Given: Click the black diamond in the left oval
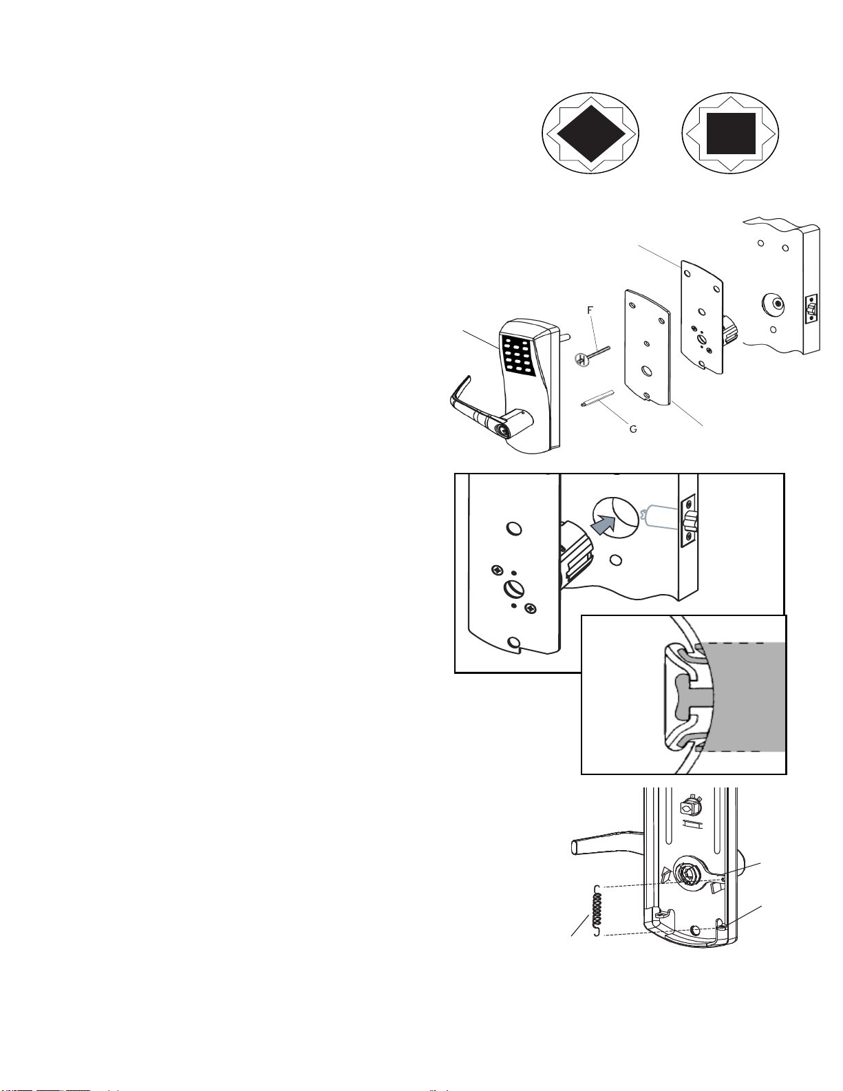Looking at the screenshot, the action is click(591, 134).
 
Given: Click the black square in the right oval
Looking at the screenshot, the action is click(731, 134).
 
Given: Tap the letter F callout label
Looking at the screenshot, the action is click(590, 310).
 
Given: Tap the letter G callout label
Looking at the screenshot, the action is click(633, 430).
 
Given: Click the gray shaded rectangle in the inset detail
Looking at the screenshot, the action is click(743, 697).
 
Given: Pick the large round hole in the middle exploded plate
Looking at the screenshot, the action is click(648, 372).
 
